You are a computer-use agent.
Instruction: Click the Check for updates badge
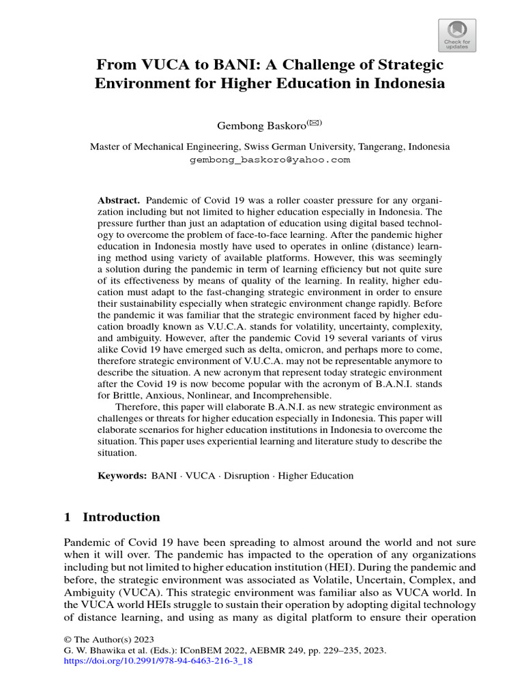point(456,35)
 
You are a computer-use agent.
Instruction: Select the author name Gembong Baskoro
point(250,126)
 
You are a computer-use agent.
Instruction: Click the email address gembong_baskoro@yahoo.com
point(270,160)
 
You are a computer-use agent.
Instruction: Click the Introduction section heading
point(121,517)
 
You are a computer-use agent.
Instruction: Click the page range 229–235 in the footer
point(335,650)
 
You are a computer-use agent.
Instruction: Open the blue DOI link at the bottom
point(158,661)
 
